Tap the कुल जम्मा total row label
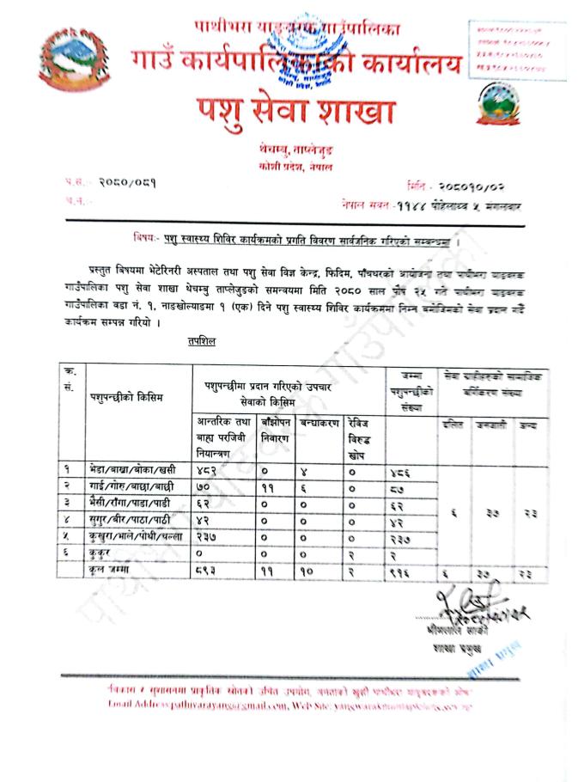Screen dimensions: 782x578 107,569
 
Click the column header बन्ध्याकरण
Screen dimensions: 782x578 318,425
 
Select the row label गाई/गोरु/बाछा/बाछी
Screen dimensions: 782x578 127,487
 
